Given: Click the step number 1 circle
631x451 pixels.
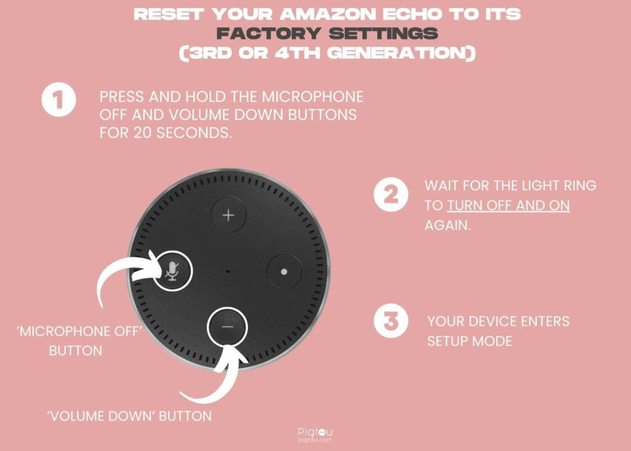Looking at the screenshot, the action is tap(59, 99).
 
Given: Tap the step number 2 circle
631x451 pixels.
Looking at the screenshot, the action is tap(391, 195).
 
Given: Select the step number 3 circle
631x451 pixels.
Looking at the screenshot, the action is tap(391, 321).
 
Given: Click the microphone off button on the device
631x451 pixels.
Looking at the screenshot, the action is tap(173, 271).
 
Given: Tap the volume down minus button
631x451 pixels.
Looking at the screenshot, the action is tap(227, 326).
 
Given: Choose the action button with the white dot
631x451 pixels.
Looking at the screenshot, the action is tap(283, 271).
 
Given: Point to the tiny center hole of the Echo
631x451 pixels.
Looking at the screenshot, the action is tap(228, 271).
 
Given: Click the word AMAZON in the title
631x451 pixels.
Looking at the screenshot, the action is tap(328, 14).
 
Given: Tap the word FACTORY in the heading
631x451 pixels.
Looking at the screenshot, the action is tap(269, 33).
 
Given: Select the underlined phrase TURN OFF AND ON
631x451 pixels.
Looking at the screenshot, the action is tap(508, 205).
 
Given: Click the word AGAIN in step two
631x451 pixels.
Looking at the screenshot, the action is tap(447, 225).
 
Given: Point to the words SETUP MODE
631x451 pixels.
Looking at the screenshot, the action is tap(470, 341).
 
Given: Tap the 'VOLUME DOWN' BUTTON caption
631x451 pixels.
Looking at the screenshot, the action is tap(129, 416).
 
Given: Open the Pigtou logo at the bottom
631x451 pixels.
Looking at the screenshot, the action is tap(315, 435).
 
